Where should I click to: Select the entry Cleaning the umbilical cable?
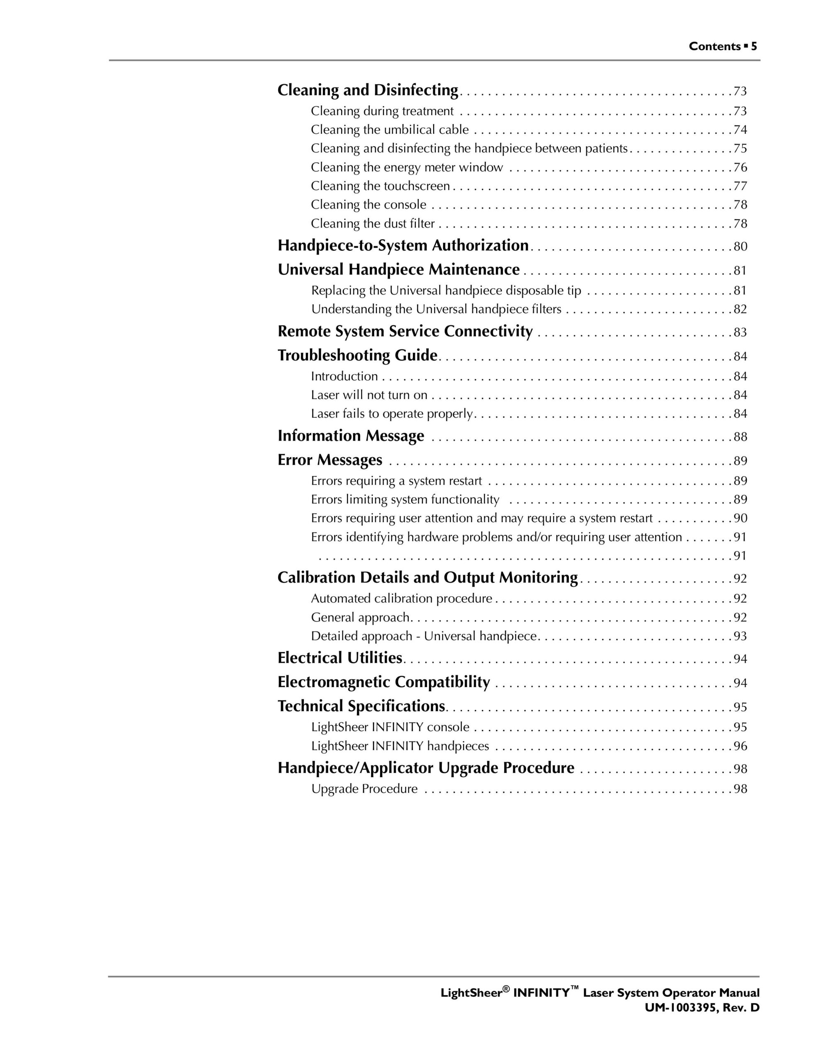[x=390, y=130]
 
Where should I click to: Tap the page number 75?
[x=740, y=149]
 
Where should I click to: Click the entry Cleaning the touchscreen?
[x=380, y=186]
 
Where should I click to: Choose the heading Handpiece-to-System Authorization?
[x=403, y=245]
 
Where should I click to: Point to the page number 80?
[x=740, y=247]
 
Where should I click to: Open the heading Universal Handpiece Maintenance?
[x=398, y=270]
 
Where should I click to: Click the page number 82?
[x=740, y=310]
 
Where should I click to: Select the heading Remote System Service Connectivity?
[x=405, y=331]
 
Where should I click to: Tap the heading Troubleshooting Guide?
[x=357, y=356]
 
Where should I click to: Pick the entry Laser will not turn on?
[x=369, y=395]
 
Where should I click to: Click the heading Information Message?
[x=350, y=436]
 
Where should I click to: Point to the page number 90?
[x=740, y=518]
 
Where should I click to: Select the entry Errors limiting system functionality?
[x=405, y=499]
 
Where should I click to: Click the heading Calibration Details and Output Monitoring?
[x=427, y=578]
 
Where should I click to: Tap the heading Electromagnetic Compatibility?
[x=383, y=682]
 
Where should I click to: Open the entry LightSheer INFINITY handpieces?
[x=400, y=746]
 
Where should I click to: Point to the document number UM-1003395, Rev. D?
[x=701, y=1008]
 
